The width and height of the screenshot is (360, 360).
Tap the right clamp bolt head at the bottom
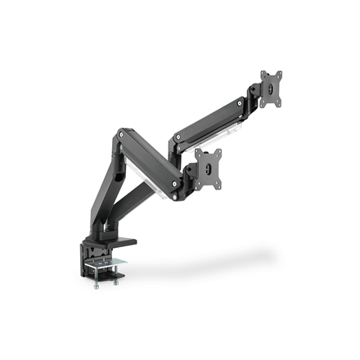click(116, 281)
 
